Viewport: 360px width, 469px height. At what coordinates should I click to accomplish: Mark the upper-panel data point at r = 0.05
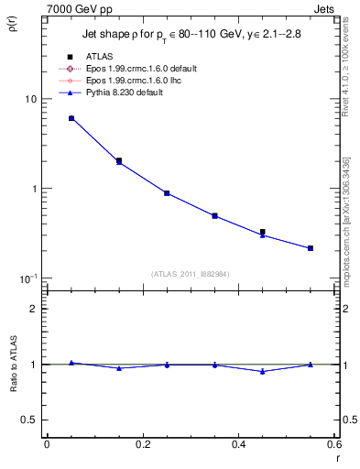(x=71, y=118)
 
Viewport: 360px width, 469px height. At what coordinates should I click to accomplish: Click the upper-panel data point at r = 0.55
(x=311, y=248)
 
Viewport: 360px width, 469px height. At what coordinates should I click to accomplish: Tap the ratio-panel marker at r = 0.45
(x=263, y=371)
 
